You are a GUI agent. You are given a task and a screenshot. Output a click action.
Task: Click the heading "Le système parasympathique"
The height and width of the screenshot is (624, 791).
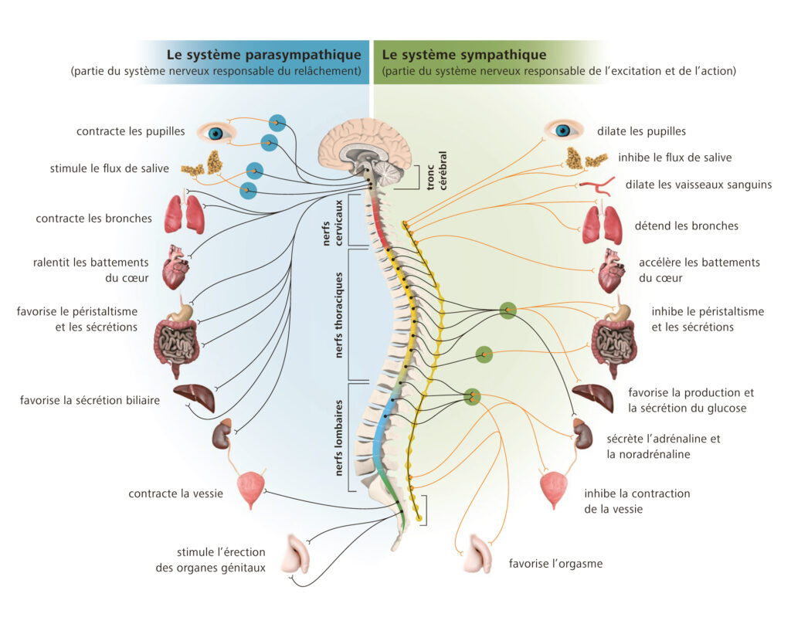pos(263,55)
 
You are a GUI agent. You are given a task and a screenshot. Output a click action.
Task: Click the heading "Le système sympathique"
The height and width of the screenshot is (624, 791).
pos(464,55)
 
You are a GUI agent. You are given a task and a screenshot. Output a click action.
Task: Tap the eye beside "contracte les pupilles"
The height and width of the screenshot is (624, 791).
pos(216,133)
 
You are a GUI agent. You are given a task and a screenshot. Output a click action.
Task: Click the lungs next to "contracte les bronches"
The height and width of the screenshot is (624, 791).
pos(185,213)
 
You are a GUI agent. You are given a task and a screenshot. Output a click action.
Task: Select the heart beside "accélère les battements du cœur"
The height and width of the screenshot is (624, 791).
pos(612,270)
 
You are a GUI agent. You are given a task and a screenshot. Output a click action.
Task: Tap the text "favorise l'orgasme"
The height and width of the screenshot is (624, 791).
pos(555,563)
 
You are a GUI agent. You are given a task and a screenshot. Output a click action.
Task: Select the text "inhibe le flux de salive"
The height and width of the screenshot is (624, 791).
pos(674,158)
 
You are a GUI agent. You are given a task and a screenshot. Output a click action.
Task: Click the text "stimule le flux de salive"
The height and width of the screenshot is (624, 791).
pos(109,168)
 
